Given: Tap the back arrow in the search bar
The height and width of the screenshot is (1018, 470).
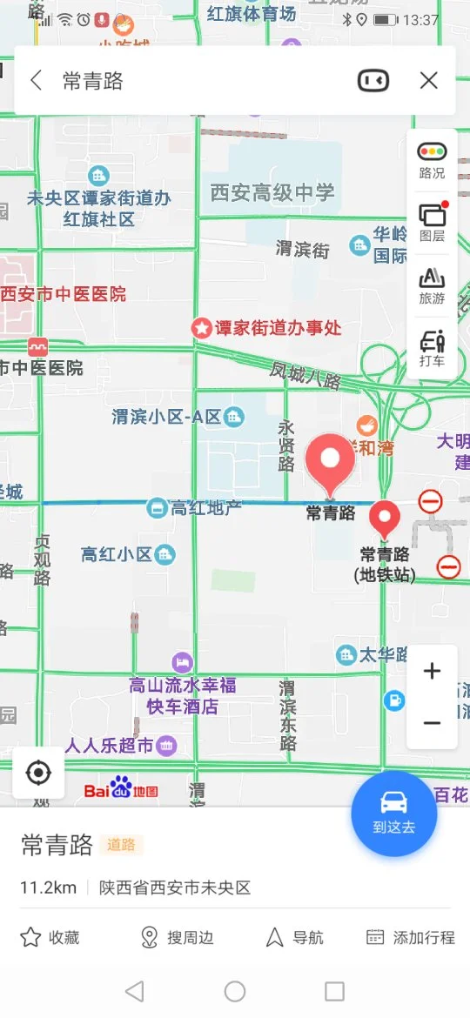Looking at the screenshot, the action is point(36,81).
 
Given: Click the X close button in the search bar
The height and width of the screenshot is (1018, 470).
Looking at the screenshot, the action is point(428,81).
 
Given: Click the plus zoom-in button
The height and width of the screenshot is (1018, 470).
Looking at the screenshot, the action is point(432,671).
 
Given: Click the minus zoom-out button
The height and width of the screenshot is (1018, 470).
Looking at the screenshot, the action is point(432,723).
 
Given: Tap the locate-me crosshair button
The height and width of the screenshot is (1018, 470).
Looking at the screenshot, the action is point(38,773).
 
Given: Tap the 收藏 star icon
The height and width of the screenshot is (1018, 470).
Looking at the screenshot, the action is point(31,937).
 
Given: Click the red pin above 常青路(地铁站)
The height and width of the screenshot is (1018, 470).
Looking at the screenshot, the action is point(385,519).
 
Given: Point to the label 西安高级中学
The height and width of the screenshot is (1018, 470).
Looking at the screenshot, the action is point(272,192).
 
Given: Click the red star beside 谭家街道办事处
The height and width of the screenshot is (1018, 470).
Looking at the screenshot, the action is point(202,328).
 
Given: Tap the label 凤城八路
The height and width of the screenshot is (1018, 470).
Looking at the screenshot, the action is point(305,376).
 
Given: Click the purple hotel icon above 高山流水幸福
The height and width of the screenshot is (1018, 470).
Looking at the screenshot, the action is point(182,662).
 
